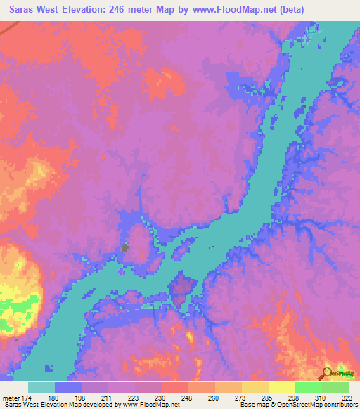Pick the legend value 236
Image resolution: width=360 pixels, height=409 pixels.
[162, 398]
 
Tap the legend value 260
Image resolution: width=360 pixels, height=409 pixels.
[215, 398]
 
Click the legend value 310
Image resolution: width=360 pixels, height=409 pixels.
[321, 398]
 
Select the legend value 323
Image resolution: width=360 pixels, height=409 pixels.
[348, 398]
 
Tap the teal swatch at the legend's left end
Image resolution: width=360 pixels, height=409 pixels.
[41, 387]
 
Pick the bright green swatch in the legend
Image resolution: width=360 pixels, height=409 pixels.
[308, 387]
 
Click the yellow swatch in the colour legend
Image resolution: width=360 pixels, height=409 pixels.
[281, 387]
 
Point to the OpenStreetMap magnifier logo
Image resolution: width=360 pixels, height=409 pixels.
[327, 373]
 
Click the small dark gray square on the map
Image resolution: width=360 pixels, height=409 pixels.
[125, 247]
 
